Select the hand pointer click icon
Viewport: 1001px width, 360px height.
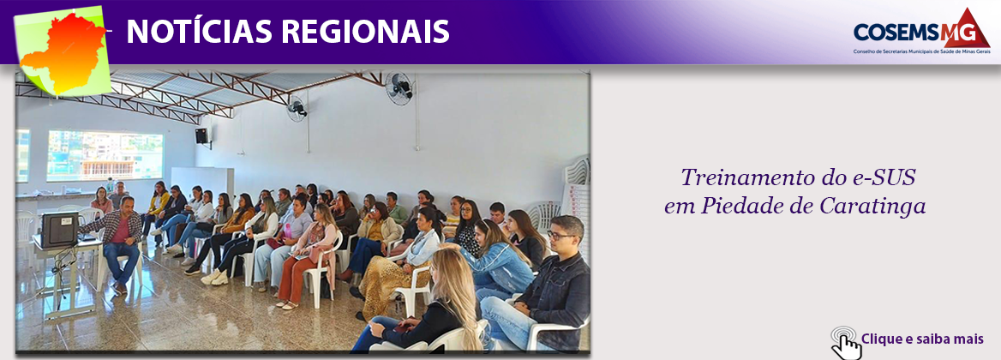(846, 341)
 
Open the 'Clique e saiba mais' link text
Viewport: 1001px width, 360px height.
(922, 339)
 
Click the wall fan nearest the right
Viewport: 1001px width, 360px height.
(399, 87)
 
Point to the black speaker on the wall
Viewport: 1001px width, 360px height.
(201, 135)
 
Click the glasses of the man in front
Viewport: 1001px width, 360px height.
(561, 236)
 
